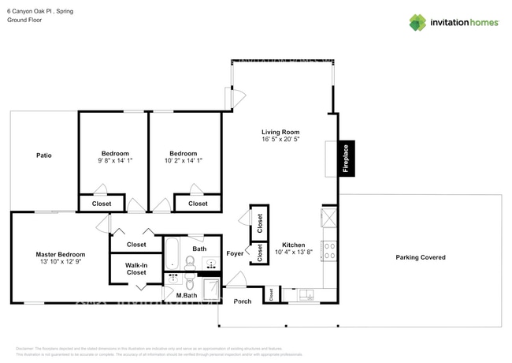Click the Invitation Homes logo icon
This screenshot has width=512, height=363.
coord(417,22)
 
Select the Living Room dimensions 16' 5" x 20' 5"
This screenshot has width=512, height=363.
coord(280,140)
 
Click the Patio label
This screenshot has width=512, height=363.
coord(44,155)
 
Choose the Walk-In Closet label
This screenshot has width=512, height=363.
coord(137,268)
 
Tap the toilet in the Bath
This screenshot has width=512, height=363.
coord(190,261)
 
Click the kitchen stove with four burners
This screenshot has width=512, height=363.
coord(329,251)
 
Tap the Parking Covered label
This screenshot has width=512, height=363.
coord(420,257)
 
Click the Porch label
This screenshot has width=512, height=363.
coord(243,301)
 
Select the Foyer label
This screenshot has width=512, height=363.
coord(235,254)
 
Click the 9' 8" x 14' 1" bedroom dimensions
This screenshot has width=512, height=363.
coord(115,161)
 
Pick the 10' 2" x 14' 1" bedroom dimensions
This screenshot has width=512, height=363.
coord(183,161)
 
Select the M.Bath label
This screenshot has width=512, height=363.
coord(186,296)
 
